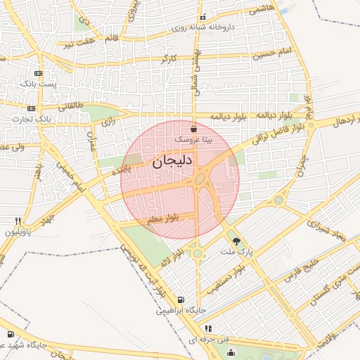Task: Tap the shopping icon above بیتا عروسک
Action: (x=193, y=129)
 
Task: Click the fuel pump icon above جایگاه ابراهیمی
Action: (x=181, y=299)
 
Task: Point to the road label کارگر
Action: (x=168, y=60)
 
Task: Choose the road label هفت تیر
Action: (x=79, y=45)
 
